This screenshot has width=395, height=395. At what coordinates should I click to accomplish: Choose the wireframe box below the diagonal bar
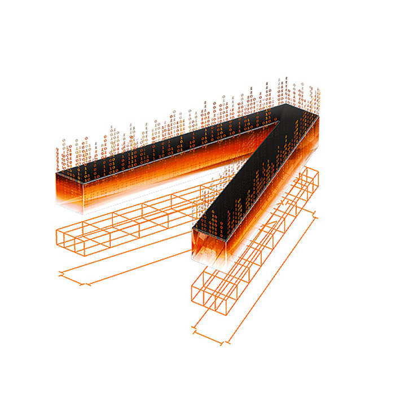tap(254, 248)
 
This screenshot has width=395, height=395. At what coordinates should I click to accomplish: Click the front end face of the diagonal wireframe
tap(209, 297)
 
